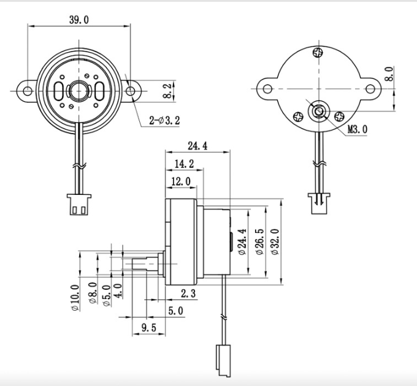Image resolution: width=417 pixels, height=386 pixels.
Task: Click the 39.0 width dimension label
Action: point(78,20)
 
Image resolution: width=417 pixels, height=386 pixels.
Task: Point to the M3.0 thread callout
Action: point(358,129)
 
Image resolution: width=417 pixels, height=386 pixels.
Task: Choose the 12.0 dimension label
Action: point(180,181)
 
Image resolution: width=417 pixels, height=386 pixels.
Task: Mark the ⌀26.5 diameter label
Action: point(259,242)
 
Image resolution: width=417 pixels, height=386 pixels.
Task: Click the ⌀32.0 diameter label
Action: point(274,242)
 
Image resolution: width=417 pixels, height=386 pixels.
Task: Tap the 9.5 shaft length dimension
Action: point(148,328)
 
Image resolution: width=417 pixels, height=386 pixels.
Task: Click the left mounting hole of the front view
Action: point(28,91)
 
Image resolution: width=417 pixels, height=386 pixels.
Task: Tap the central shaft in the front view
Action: point(78,91)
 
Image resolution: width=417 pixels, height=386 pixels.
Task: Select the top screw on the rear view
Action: point(318,53)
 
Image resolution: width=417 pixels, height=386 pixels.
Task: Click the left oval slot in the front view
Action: point(58,91)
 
